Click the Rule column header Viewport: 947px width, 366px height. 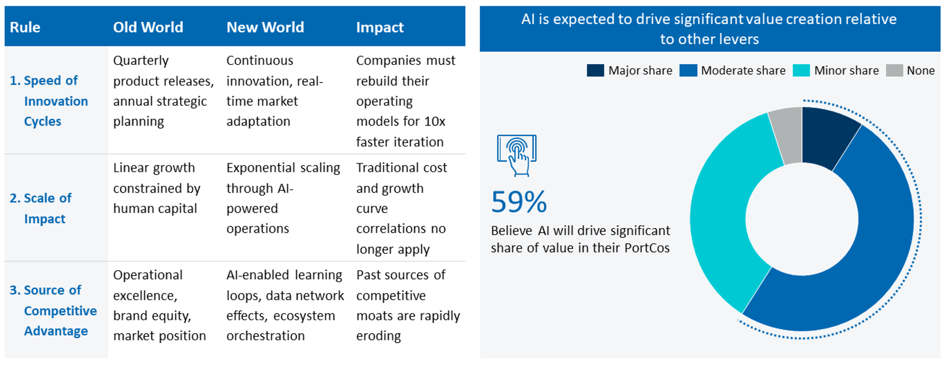25,27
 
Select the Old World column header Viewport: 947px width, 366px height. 148,27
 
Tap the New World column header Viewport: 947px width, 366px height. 265,27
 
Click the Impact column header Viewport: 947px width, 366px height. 380,27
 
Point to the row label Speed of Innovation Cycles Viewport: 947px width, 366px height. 49,101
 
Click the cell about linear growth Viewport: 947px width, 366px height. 156,188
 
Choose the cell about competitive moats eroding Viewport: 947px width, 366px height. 408,305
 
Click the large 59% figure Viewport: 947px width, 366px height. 519,202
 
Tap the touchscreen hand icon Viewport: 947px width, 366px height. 517,155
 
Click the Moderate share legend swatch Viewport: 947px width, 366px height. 688,71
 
